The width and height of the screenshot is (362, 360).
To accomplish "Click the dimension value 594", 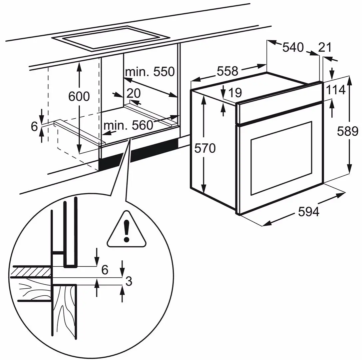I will pyautogui.click(x=308, y=212).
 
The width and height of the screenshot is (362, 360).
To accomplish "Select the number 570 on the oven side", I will pyautogui.click(x=205, y=148).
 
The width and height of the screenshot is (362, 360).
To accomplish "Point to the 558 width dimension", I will pyautogui.click(x=228, y=71).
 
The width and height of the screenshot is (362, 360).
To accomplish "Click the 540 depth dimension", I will pyautogui.click(x=293, y=48).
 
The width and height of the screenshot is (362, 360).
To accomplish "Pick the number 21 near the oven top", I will pyautogui.click(x=325, y=48).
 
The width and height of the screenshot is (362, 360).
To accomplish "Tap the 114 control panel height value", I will pyautogui.click(x=335, y=90).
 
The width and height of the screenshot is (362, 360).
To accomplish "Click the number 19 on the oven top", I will pyautogui.click(x=235, y=93).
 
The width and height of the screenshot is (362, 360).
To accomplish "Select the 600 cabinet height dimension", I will pyautogui.click(x=79, y=96).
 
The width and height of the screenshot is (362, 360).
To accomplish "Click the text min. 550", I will pyautogui.click(x=150, y=71).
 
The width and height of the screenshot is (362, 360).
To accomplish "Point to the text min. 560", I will pyautogui.click(x=128, y=125).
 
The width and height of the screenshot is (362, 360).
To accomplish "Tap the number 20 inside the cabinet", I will pyautogui.click(x=133, y=93).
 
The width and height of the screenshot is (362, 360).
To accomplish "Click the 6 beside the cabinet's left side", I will pyautogui.click(x=34, y=126).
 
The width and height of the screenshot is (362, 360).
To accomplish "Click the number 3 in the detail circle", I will pyautogui.click(x=129, y=281).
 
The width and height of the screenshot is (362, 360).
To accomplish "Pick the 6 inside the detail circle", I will pyautogui.click(x=105, y=270).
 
